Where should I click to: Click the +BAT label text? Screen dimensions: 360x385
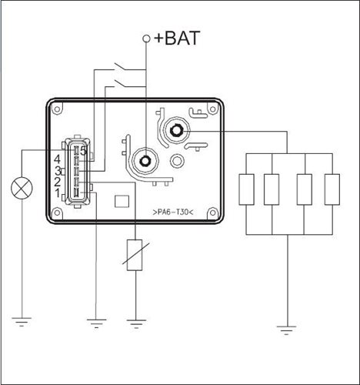click(177, 38)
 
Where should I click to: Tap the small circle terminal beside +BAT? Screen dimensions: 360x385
click(146, 38)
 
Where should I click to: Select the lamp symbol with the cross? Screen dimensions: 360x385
click(22, 188)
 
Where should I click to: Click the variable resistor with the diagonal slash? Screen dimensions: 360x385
click(135, 255)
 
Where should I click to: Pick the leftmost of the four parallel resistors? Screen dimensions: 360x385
click(246, 189)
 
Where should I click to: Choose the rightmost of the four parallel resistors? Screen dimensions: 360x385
click(332, 189)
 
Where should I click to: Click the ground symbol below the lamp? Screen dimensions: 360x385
click(22, 322)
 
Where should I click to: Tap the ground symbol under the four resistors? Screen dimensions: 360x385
click(287, 330)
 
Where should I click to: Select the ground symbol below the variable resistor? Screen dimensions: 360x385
click(136, 324)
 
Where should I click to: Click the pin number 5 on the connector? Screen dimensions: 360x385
click(83, 151)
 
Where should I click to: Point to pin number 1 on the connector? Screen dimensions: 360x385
click(58, 192)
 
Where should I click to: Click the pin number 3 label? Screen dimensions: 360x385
click(58, 171)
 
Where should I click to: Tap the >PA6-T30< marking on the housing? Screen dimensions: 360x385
click(173, 213)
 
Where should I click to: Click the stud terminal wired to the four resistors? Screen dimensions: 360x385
click(176, 131)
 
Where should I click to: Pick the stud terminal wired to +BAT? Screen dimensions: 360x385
click(145, 161)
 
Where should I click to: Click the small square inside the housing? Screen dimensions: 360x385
click(122, 201)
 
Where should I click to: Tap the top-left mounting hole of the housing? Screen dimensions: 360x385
click(57, 109)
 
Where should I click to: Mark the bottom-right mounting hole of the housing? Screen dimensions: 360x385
click(212, 213)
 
